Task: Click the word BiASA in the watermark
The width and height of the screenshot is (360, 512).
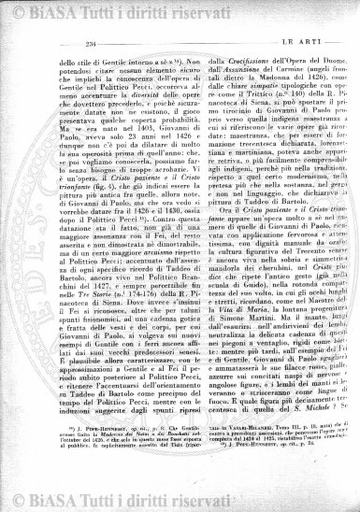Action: (x=62, y=11)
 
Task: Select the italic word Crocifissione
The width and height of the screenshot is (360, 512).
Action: (x=222, y=58)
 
